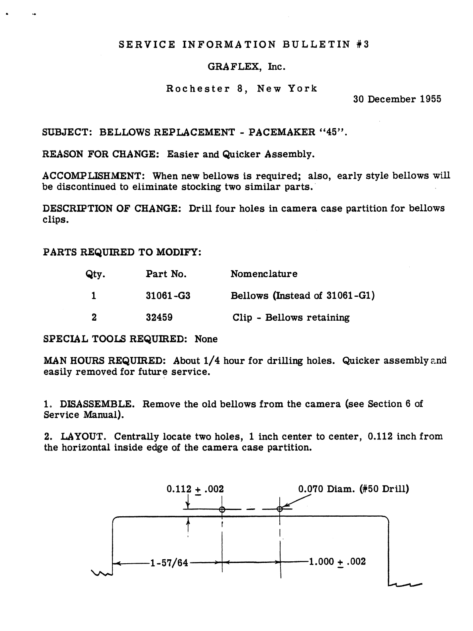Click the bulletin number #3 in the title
tap(363, 44)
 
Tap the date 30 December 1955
tap(397, 99)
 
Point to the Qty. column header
tap(95, 274)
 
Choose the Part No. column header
tap(166, 274)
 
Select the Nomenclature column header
tap(264, 274)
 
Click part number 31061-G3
tap(168, 296)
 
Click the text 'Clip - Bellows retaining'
tap(291, 317)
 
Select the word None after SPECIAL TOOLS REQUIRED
tap(206, 339)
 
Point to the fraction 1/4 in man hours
tap(212, 361)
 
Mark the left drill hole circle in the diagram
tap(222, 510)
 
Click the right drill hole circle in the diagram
tap(280, 509)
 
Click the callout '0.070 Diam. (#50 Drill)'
tap(353, 489)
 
